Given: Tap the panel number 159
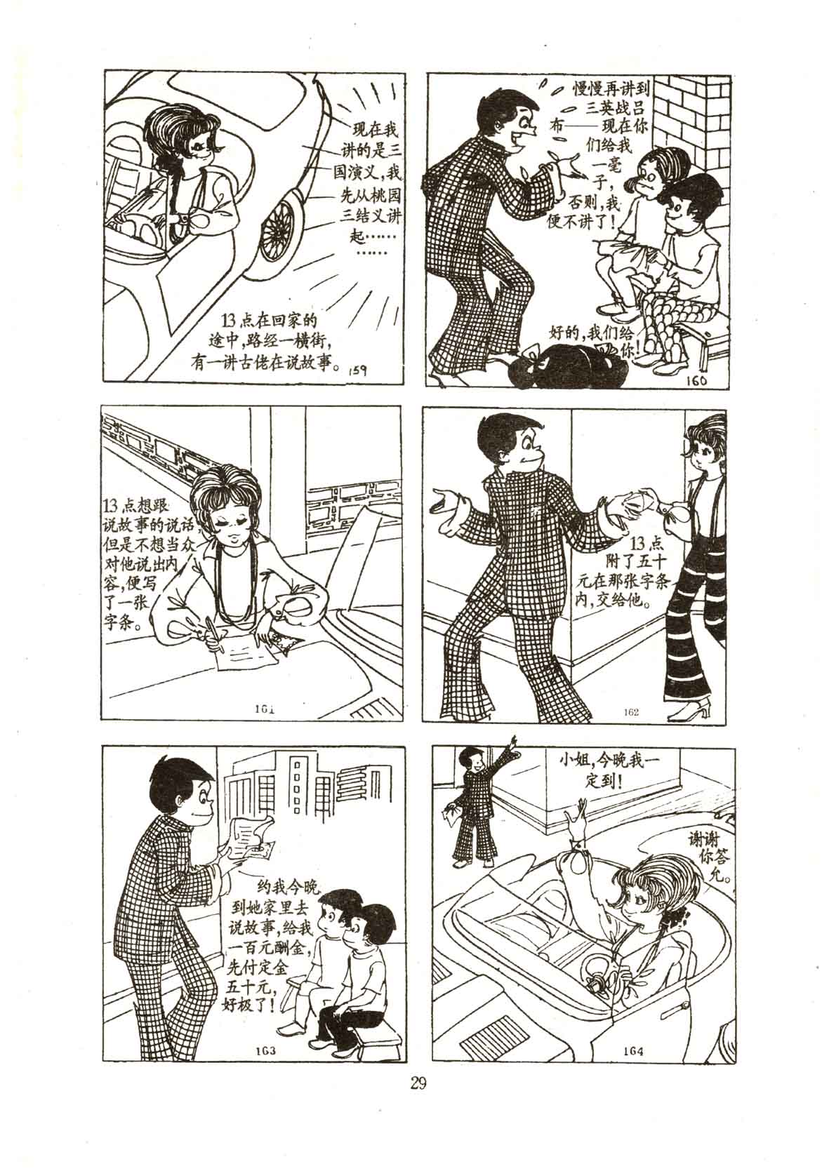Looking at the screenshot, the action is click(x=358, y=370).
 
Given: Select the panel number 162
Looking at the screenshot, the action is click(x=631, y=712).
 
